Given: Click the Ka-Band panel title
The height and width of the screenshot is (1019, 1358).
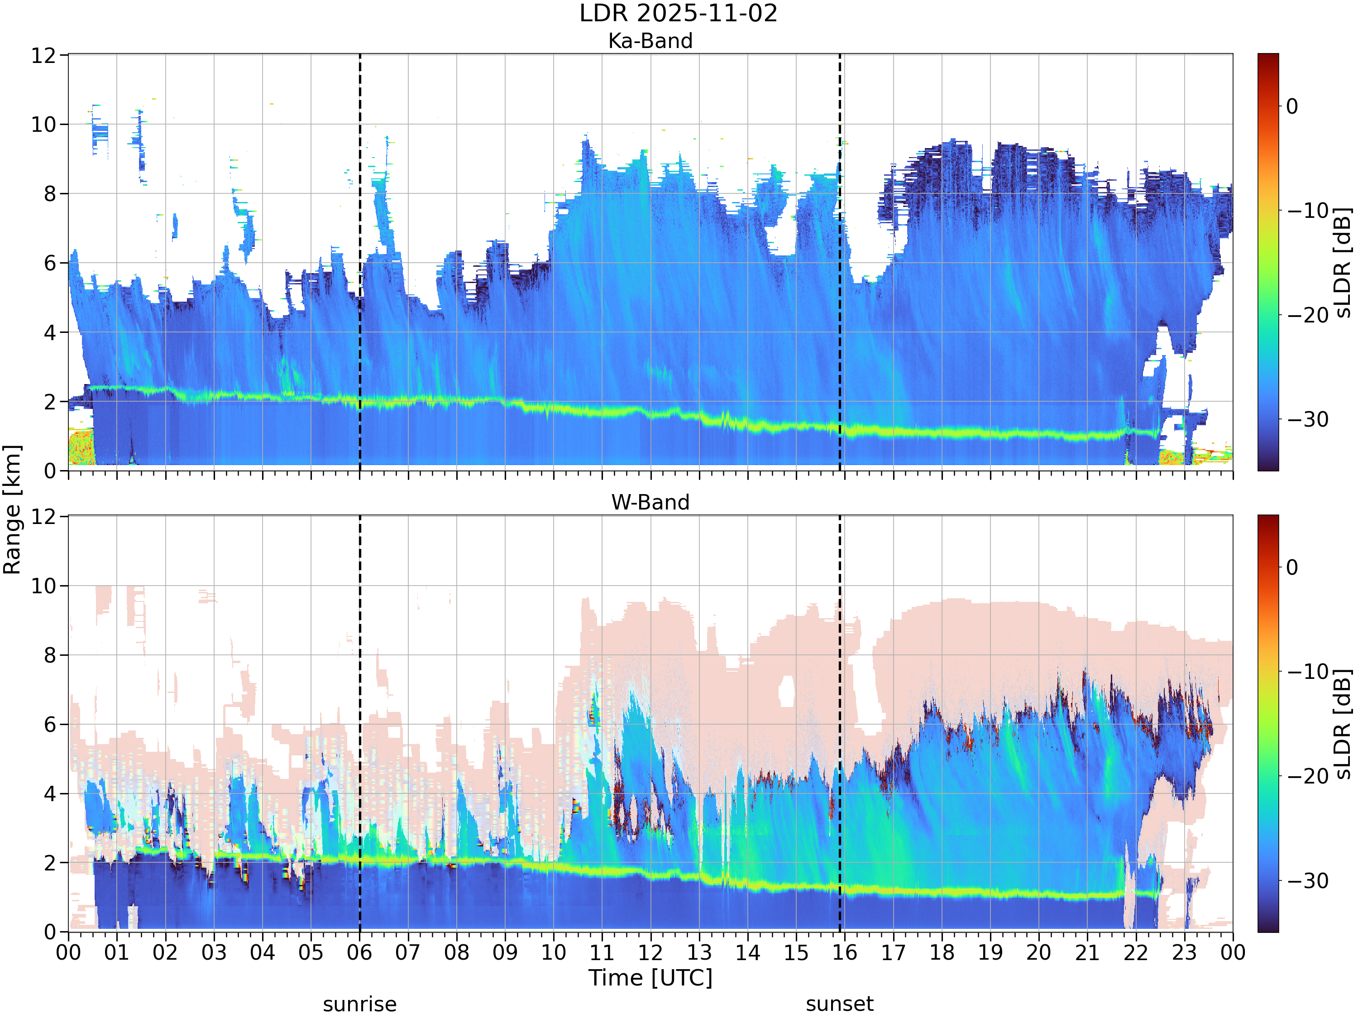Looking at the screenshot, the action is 650,41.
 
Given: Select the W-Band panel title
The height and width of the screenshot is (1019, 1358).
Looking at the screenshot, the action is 650,502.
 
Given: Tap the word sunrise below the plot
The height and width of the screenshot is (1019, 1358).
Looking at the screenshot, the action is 360,1004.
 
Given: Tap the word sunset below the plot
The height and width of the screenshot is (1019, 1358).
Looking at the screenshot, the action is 839,1004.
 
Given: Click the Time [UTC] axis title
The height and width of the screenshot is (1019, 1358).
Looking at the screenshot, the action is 650,978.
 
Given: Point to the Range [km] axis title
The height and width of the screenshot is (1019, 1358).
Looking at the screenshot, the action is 12,510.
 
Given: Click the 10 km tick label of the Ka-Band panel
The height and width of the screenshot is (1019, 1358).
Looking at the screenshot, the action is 44,125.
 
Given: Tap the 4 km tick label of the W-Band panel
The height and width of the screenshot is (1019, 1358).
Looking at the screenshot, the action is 50,793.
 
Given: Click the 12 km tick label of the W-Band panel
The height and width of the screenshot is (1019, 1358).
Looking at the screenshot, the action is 44,517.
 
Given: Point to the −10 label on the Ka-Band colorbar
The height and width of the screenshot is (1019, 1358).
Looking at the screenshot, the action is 1308,211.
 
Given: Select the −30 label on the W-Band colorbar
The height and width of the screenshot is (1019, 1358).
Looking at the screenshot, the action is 1308,881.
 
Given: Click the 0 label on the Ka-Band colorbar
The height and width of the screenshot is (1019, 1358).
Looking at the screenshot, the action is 1292,106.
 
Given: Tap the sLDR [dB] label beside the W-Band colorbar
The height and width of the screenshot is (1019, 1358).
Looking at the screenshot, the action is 1343,724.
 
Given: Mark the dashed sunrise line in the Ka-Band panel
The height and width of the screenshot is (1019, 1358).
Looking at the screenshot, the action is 360,262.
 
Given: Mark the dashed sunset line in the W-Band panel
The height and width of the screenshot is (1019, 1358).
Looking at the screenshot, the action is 840,724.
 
